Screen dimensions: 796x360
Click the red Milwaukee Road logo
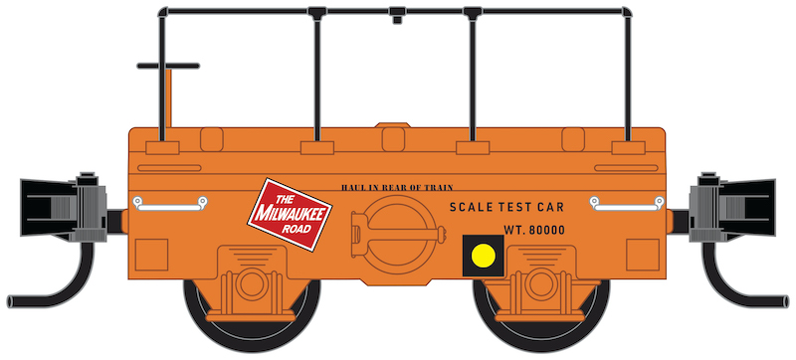pos(290,214)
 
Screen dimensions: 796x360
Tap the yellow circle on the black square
pos(484,256)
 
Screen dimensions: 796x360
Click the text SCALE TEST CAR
pos(506,207)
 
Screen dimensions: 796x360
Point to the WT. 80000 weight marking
pos(534,230)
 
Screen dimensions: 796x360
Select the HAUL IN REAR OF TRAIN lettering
pos(397,188)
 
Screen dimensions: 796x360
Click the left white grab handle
pos(170,203)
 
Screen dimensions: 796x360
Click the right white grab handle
pos(627,203)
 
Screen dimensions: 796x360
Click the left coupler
pos(64,207)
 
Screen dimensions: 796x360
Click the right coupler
pos(732,207)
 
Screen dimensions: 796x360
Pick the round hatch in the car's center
pos(400,235)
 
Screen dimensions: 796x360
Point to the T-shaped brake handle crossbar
pos(168,66)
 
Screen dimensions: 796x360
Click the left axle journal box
pos(252,284)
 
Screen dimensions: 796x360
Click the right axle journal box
pos(540,284)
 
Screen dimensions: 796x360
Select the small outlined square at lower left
pos(151,255)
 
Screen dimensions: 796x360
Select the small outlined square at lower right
pos(643,255)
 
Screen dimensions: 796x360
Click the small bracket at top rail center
pos(397,15)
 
